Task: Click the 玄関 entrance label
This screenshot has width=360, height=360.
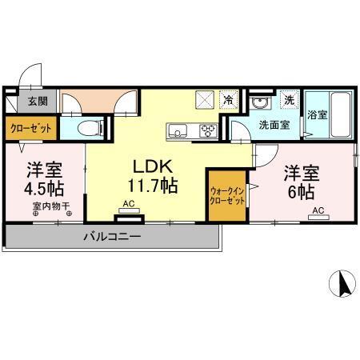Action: click(x=38, y=101)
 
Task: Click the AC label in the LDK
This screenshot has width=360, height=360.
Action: click(x=127, y=206)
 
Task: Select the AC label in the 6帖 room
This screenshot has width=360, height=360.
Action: click(x=318, y=210)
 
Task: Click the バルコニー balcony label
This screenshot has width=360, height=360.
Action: click(x=111, y=238)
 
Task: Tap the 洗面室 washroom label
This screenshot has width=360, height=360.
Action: click(x=274, y=126)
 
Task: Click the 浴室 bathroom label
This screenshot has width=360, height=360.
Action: click(x=318, y=114)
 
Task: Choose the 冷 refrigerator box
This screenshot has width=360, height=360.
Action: click(x=229, y=102)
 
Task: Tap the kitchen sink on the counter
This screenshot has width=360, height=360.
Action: click(x=177, y=130)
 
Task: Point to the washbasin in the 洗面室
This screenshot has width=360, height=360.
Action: click(x=261, y=102)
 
